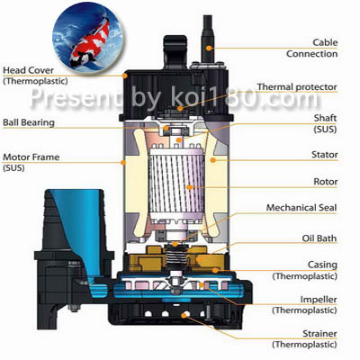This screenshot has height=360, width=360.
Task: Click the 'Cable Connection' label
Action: click(x=312, y=49)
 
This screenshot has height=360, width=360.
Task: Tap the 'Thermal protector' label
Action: click(x=297, y=87)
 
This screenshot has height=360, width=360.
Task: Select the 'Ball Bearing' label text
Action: click(x=29, y=122)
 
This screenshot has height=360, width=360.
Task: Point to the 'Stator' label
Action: click(x=325, y=155)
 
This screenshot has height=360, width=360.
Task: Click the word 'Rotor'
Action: click(x=326, y=182)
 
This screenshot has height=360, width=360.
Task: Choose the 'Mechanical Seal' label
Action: click(x=301, y=208)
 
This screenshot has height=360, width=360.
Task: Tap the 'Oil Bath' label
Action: click(x=319, y=238)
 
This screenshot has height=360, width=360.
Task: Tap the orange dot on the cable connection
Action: click(x=209, y=48)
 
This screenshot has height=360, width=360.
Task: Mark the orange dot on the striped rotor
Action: click(x=189, y=187)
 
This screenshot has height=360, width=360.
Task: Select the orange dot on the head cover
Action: click(x=125, y=76)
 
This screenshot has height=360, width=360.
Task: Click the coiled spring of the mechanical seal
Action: click(x=175, y=256)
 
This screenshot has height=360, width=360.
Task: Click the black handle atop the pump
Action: click(x=175, y=51)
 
